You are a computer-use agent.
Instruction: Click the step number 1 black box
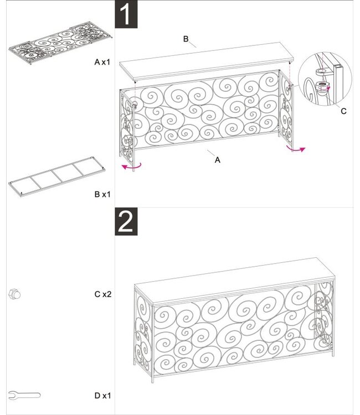(x=126, y=15)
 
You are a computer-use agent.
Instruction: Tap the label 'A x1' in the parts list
(x=103, y=63)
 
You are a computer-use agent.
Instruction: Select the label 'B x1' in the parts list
(x=103, y=194)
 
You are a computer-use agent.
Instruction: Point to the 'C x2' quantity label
(x=103, y=294)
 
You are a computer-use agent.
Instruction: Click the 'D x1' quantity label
(x=103, y=396)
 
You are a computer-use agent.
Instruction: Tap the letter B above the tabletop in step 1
(x=187, y=39)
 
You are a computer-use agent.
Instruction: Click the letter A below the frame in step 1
(x=218, y=159)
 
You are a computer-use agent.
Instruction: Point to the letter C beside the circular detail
(x=343, y=111)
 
